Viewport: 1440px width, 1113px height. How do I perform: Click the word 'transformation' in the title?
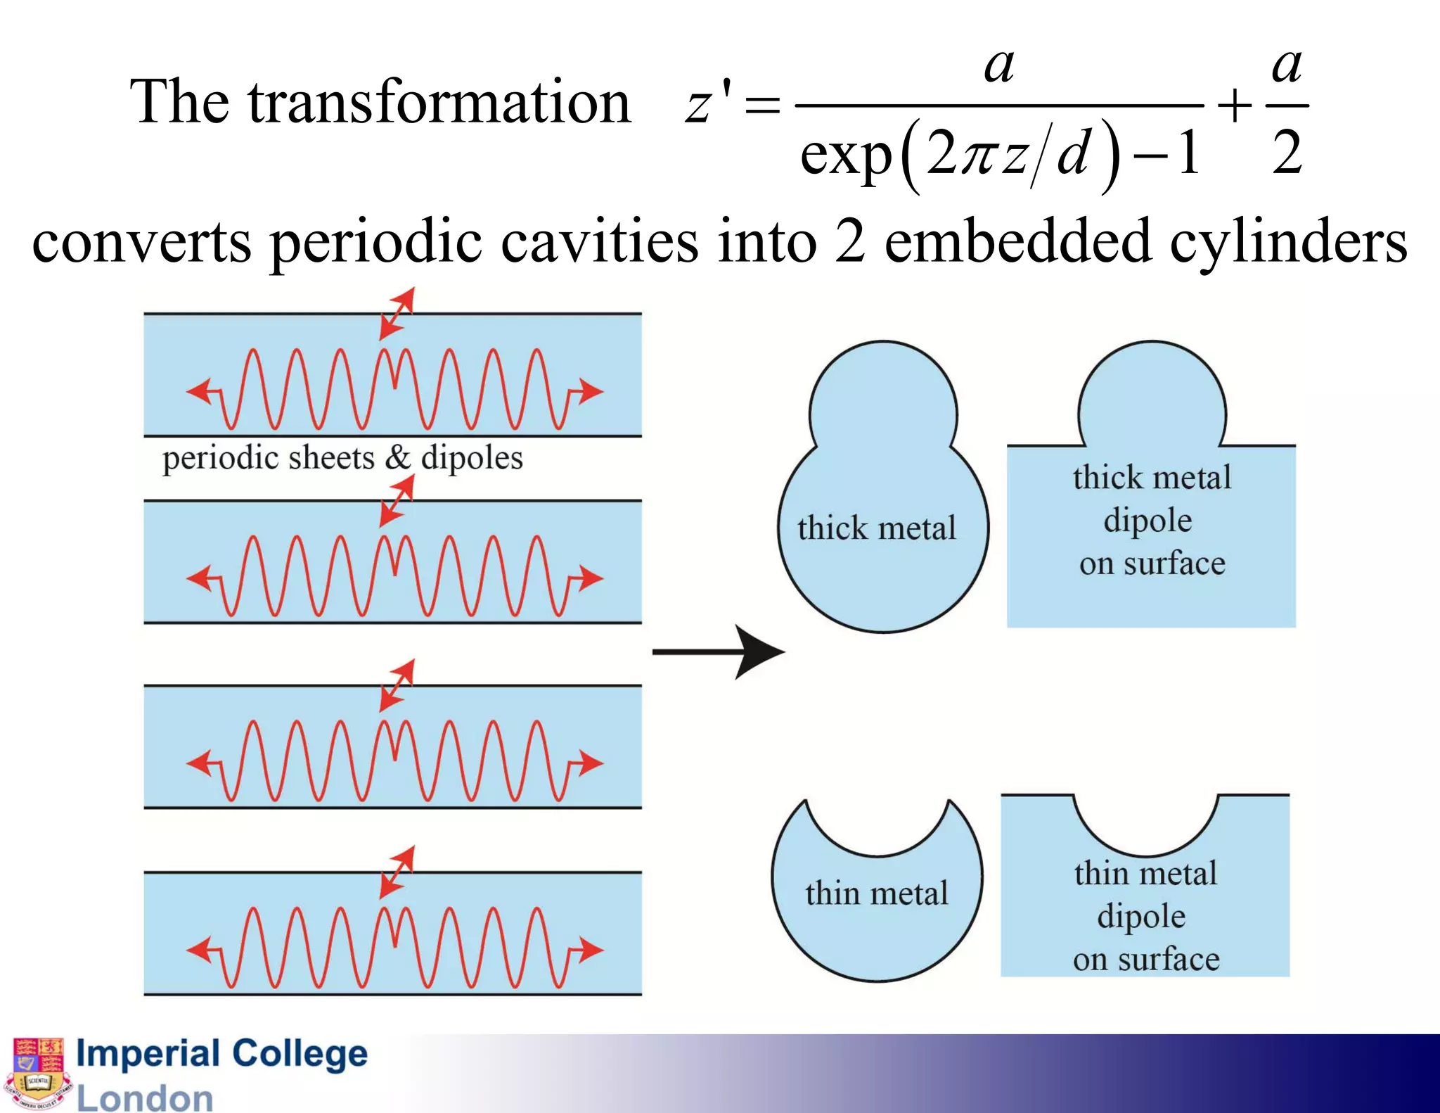tap(439, 103)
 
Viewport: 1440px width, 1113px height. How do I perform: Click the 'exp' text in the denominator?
tap(846, 155)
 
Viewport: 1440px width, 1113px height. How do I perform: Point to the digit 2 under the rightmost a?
tap(1287, 153)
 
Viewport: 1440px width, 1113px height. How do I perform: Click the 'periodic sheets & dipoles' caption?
tap(342, 458)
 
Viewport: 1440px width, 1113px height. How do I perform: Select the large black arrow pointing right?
tap(719, 651)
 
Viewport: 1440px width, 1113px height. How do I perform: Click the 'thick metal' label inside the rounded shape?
tap(876, 528)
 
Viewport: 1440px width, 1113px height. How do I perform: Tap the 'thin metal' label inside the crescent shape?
tap(876, 893)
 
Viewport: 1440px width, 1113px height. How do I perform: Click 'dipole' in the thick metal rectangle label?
tap(1147, 521)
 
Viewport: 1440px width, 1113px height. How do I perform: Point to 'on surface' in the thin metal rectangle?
tap(1146, 959)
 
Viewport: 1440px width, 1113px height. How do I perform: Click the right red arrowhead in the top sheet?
tap(590, 390)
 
